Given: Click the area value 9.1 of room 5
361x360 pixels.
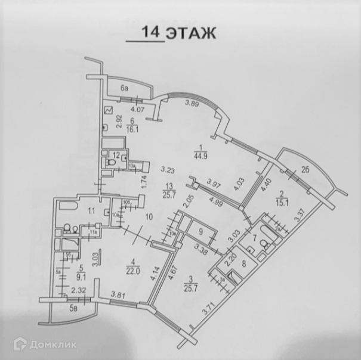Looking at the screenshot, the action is tap(75, 276).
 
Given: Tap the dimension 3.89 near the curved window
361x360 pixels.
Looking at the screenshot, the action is tap(192, 104).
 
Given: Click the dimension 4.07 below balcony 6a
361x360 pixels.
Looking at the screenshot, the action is tap(138, 109).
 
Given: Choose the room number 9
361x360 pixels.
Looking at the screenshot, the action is tap(200, 232).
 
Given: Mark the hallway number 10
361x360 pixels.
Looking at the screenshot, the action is tap(150, 217).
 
